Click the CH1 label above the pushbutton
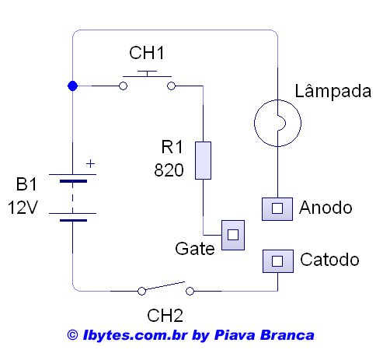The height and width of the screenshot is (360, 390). coord(147,53)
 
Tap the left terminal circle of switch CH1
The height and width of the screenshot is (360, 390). coord(124,86)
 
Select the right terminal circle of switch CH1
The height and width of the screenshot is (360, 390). coord(171,86)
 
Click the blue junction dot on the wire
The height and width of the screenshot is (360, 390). coord(72,86)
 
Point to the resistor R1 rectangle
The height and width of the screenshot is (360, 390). coord(203,160)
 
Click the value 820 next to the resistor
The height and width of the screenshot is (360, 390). coord(169,170)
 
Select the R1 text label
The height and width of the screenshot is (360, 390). coord(172,147)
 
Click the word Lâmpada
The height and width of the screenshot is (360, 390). coord(333,91)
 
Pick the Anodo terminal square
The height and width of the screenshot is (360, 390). coord(277,209)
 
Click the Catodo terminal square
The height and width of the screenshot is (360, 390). coord(278,261)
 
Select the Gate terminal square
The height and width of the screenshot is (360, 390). coord(233,235)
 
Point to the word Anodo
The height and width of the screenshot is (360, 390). coord(326,208)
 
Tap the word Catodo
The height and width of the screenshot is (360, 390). coord(329,260)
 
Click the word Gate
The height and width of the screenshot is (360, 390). coord(195,249)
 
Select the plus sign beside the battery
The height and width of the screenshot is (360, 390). coord(90,163)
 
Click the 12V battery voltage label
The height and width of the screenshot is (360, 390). coord(23,208)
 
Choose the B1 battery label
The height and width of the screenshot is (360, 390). coord(26,184)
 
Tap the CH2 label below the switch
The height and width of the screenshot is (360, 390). coord(165,316)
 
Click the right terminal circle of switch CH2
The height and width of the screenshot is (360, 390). coord(190,291)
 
